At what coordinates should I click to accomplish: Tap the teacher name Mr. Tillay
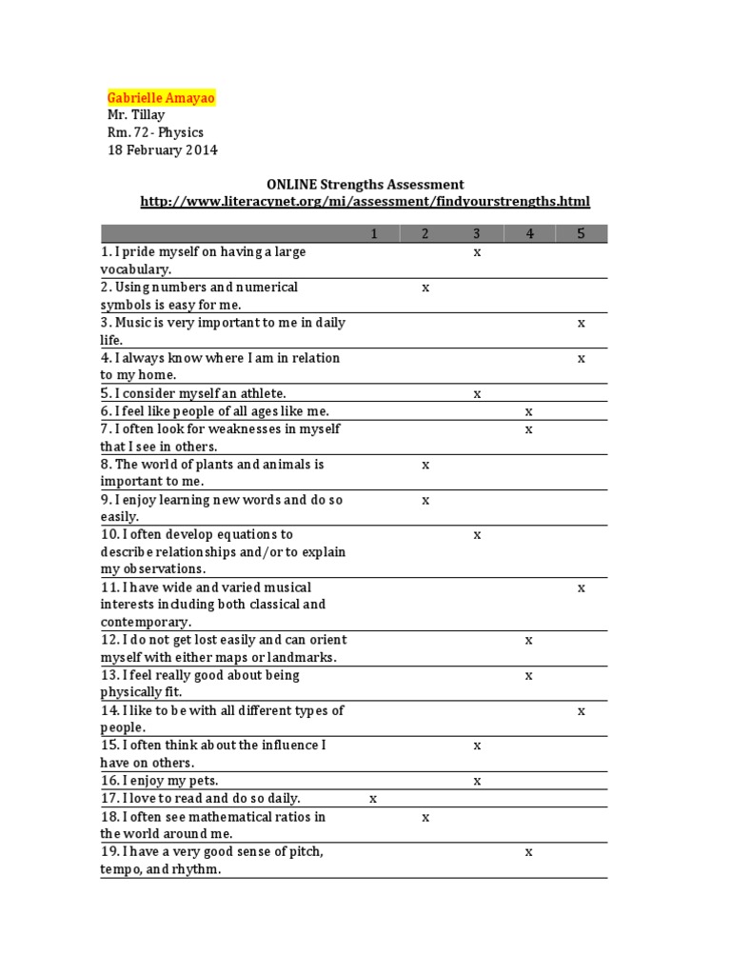point(136,115)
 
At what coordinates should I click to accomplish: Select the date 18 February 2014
point(162,150)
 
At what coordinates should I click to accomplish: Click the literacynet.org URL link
point(365,201)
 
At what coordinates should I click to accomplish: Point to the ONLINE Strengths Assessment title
point(365,184)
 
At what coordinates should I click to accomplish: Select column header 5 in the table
point(581,234)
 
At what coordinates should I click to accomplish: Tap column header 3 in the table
point(477,234)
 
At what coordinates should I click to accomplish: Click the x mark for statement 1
point(477,252)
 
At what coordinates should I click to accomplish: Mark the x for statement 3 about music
point(581,324)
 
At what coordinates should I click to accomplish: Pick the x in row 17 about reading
point(373,799)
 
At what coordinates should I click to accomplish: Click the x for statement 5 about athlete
point(477,393)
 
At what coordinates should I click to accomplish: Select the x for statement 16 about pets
point(477,782)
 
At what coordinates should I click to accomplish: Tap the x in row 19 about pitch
point(529,852)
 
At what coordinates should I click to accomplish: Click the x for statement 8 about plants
point(425,465)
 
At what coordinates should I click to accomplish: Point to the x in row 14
point(581,711)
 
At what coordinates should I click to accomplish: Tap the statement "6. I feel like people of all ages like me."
point(214,411)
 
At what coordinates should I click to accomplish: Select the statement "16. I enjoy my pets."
point(159,781)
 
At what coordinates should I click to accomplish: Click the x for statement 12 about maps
point(529,641)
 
